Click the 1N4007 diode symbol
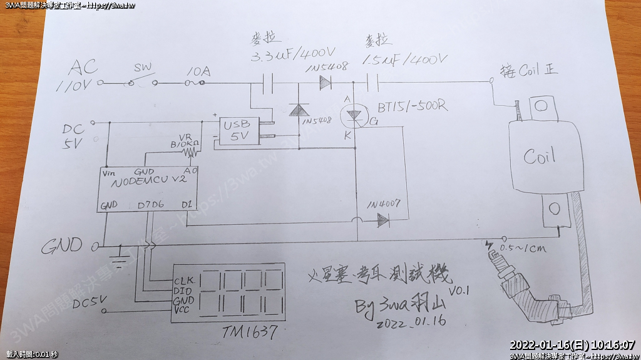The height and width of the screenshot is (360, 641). (x=381, y=220)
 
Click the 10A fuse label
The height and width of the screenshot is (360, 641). (x=198, y=72)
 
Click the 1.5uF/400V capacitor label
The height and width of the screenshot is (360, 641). (x=406, y=59)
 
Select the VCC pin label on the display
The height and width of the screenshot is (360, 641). (x=183, y=310)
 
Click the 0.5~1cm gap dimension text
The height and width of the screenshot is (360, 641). (x=525, y=249)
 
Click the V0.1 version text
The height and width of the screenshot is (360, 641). (x=459, y=291)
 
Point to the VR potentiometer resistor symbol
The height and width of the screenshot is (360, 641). (x=188, y=151)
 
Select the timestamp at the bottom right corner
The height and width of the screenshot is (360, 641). (x=572, y=345)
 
